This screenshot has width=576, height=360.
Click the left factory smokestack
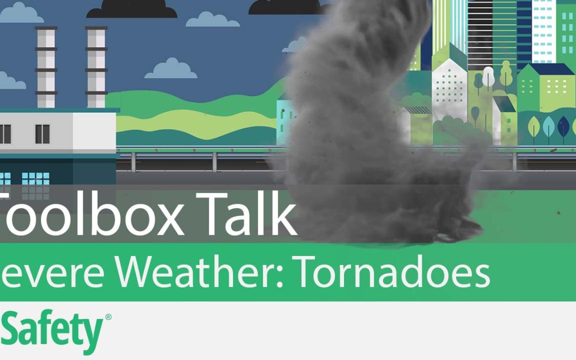click(45, 67)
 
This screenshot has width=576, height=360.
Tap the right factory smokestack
click(97, 67)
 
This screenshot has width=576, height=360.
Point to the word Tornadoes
click(393, 273)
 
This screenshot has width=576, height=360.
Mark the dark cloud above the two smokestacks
click(131, 9)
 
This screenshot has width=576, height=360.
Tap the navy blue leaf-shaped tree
click(563, 128)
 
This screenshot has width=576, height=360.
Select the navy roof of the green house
click(549, 69)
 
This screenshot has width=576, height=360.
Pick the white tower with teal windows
click(544, 27)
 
